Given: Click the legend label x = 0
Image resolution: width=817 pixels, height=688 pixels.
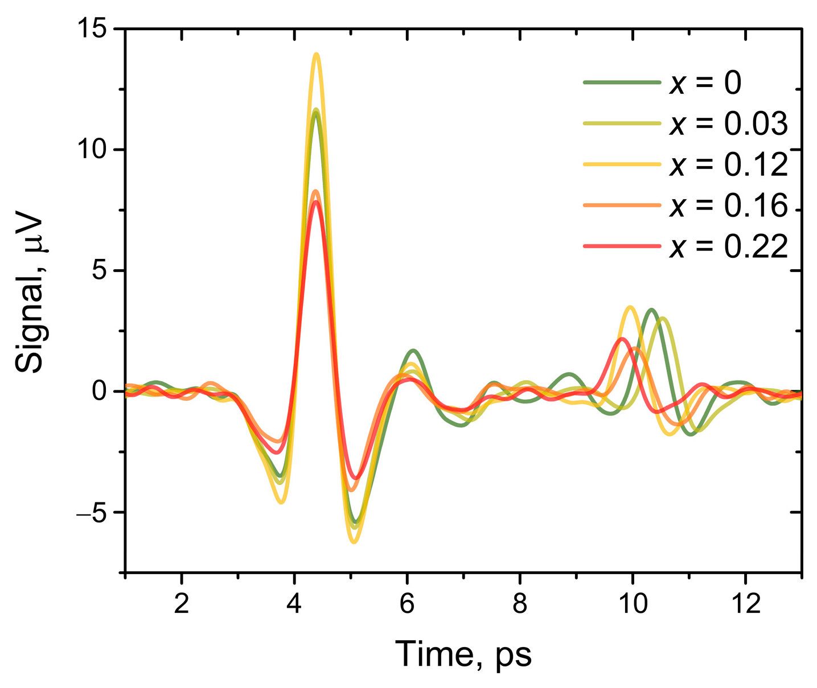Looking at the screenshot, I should click(705, 83).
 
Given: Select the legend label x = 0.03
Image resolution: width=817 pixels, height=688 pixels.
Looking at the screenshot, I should click(728, 124).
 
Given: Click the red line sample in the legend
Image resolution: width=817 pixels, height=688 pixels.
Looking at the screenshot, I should click(622, 246).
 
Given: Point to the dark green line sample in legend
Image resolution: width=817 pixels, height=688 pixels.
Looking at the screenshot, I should click(622, 83).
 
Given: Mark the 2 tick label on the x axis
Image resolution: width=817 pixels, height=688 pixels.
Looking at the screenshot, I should click(181, 604).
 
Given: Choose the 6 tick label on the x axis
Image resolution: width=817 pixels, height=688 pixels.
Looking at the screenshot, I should click(407, 604).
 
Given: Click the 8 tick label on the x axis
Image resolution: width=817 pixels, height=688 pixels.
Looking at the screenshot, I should click(519, 604).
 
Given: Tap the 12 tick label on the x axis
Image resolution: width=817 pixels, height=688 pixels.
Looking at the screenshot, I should click(745, 604).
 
